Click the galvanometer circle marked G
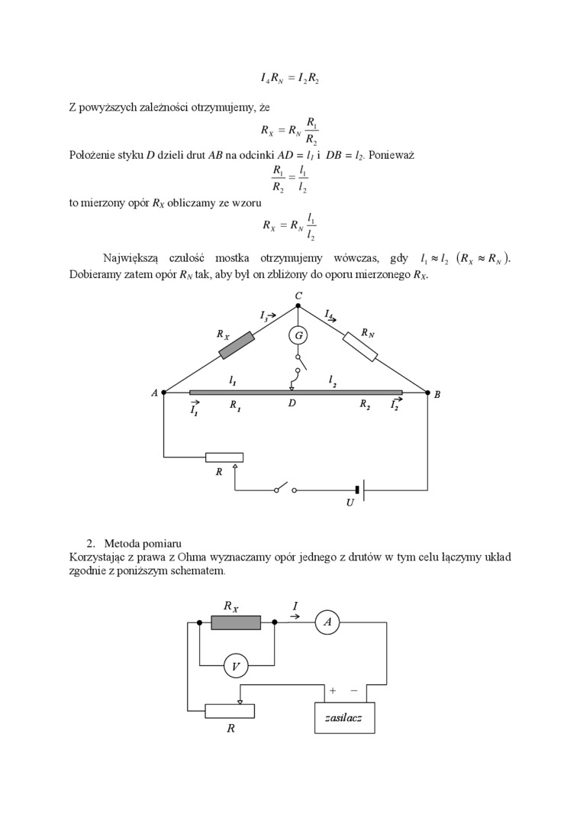coord(298,335)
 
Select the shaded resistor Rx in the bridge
coord(237,344)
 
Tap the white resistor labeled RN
coord(360,346)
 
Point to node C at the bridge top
coord(298,305)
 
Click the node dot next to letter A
coord(164,393)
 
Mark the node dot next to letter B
coord(427,393)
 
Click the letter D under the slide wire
coord(292,403)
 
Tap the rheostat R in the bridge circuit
coord(224,457)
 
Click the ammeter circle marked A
coord(327,623)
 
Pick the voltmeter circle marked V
coord(236,667)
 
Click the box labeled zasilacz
coord(344,718)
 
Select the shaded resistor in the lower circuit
coord(236,623)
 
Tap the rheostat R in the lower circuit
coord(230,711)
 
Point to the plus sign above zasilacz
coord(333,690)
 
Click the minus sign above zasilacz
coord(354,690)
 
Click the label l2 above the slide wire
coord(333,380)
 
